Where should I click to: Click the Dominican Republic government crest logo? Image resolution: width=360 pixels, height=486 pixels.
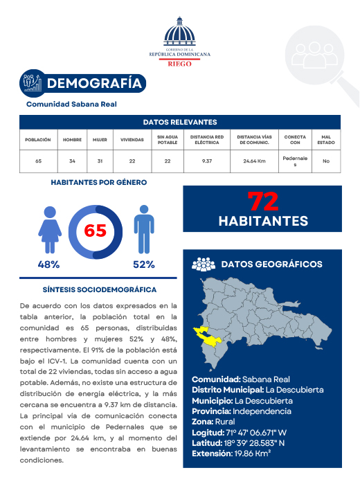pyautogui.click(x=180, y=32)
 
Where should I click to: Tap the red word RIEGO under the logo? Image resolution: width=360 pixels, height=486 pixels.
pyautogui.click(x=180, y=62)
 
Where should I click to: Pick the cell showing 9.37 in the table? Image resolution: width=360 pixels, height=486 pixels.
pyautogui.click(x=206, y=161)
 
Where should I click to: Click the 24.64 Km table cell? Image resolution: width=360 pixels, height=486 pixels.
pyautogui.click(x=254, y=161)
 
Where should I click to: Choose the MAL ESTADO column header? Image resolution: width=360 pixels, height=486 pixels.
pyautogui.click(x=326, y=139)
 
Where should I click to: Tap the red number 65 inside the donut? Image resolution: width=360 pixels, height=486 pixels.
pyautogui.click(x=95, y=231)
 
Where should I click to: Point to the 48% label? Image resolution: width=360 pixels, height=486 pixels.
pyautogui.click(x=48, y=264)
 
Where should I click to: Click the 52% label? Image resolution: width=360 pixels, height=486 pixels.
pyautogui.click(x=143, y=264)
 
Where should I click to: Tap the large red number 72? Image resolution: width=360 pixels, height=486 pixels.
pyautogui.click(x=263, y=201)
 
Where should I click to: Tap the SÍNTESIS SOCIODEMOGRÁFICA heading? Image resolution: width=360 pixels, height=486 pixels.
pyautogui.click(x=100, y=289)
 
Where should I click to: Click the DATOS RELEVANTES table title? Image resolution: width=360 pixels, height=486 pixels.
pyautogui.click(x=180, y=122)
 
